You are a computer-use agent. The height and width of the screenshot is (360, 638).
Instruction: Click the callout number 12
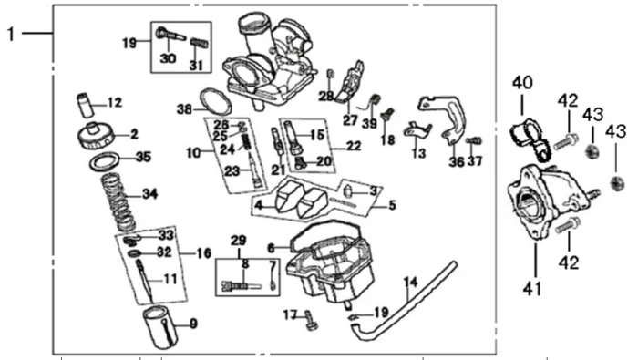tap(115, 102)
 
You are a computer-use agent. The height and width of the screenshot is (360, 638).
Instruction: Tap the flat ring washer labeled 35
tap(105, 161)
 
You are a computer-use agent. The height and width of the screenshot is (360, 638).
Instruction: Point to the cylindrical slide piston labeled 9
tap(159, 326)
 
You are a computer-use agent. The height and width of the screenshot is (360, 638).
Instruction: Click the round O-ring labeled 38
tap(215, 101)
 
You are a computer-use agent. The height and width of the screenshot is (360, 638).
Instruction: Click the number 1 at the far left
tap(11, 34)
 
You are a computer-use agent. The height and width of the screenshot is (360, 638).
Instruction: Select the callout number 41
tap(532, 288)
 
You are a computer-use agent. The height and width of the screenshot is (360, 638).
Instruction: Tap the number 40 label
tap(522, 83)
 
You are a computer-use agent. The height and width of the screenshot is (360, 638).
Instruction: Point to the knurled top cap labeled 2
tap(94, 136)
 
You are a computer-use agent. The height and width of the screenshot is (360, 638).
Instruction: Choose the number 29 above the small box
tap(239, 241)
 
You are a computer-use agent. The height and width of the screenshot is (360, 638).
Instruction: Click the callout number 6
tap(272, 248)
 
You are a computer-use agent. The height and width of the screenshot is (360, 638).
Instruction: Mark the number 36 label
tap(457, 161)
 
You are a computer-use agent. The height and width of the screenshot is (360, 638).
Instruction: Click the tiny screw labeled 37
tap(474, 140)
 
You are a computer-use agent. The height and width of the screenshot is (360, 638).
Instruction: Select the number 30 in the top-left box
tap(168, 58)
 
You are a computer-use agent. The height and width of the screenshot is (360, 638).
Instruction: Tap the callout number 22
tap(353, 146)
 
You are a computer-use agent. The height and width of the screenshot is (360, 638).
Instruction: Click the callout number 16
tap(204, 253)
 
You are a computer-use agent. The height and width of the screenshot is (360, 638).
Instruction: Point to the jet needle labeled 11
tap(146, 281)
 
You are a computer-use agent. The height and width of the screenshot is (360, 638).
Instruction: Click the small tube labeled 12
tap(86, 104)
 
